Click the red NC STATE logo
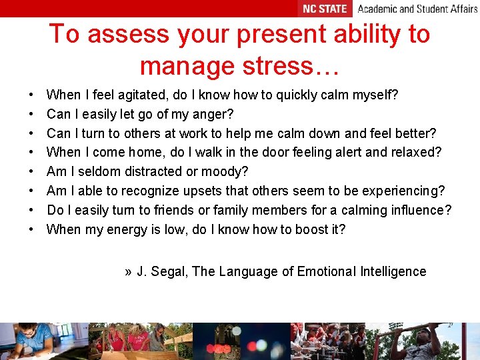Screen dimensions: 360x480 pos(325,9)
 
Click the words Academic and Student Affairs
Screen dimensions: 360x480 pos(417,9)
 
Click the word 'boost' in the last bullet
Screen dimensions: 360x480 pos(305,230)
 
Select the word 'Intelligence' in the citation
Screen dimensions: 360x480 pos(393,272)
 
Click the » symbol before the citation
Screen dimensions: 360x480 pos(128,272)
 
